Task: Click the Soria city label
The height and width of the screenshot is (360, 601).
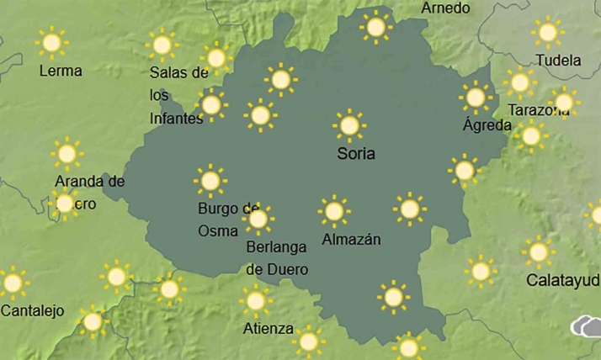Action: pos(355,154)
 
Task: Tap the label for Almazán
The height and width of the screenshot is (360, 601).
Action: pos(352,240)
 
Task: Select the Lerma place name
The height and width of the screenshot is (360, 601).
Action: pos(61,71)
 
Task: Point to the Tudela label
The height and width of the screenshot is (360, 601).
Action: pos(558,61)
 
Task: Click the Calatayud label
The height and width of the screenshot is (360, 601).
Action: pos(563,279)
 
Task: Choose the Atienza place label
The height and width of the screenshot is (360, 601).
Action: pos(268,328)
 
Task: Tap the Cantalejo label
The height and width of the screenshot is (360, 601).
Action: pos(32,311)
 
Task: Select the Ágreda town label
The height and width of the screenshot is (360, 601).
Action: pos(487,125)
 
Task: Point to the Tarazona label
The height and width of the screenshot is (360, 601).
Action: pos(539,110)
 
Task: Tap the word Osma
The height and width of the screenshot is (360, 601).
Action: pos(218,230)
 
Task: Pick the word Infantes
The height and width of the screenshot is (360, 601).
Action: pos(177,119)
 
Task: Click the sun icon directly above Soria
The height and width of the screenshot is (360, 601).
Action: pos(348,126)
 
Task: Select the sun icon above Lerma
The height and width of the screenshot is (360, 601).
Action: pos(52,42)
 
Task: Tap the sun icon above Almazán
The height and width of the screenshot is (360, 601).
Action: pos(334,211)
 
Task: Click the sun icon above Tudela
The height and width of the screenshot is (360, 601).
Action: pos(547,33)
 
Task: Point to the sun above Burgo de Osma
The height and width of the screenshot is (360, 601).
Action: pos(210,180)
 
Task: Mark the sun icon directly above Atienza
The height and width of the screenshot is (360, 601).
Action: pos(255,300)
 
